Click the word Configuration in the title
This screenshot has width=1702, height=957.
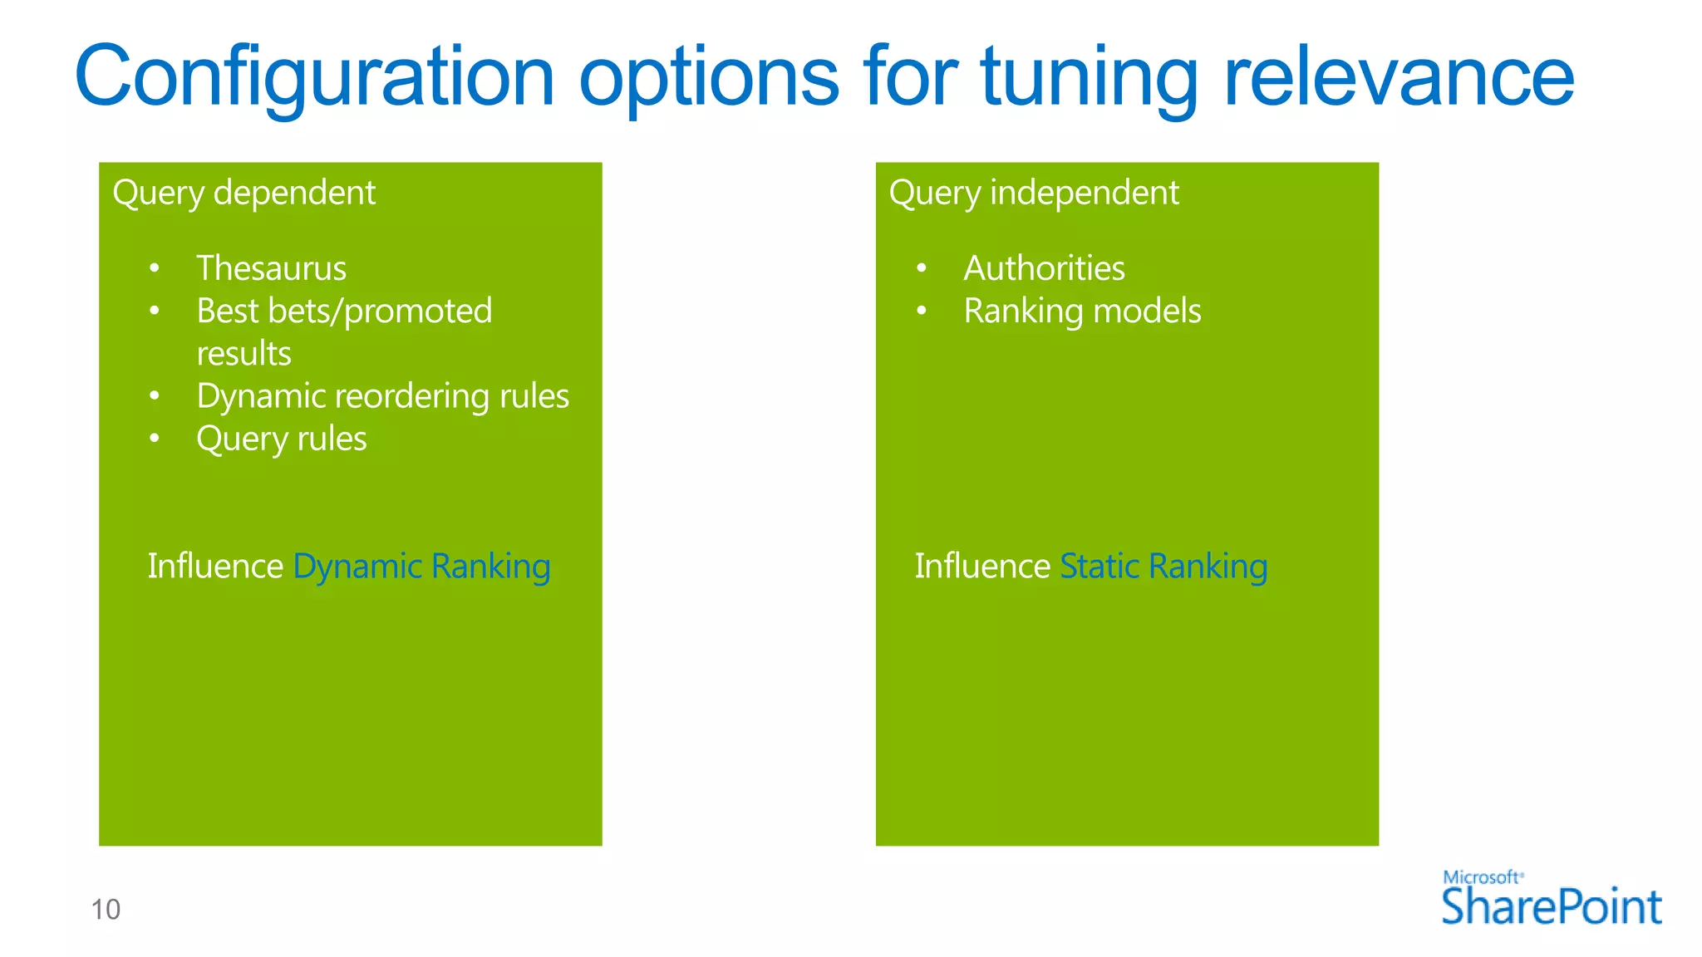(x=314, y=76)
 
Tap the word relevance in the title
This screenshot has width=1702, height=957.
(x=1399, y=76)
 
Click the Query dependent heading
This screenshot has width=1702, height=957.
(x=243, y=193)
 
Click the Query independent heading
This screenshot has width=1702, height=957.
(x=1033, y=193)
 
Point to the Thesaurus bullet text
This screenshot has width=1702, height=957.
(x=271, y=268)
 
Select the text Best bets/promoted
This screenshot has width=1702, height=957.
(x=344, y=312)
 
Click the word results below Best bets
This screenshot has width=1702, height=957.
(x=243, y=354)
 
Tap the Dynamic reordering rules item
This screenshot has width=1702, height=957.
(x=382, y=396)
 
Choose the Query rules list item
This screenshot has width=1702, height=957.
(x=281, y=439)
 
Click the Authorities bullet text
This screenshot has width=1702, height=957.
(x=1044, y=268)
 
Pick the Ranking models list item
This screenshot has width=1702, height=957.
(x=1082, y=312)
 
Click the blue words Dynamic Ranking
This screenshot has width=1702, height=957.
(x=421, y=567)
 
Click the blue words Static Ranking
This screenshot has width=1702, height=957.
(x=1163, y=567)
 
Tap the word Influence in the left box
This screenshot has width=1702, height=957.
(x=215, y=567)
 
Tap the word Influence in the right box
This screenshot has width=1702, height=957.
(x=982, y=567)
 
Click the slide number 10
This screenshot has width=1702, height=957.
(x=106, y=910)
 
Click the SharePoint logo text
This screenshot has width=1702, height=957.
(x=1551, y=906)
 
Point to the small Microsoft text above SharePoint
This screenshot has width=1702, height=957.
(x=1482, y=877)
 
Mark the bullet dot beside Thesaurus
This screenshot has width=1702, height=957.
(x=154, y=268)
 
